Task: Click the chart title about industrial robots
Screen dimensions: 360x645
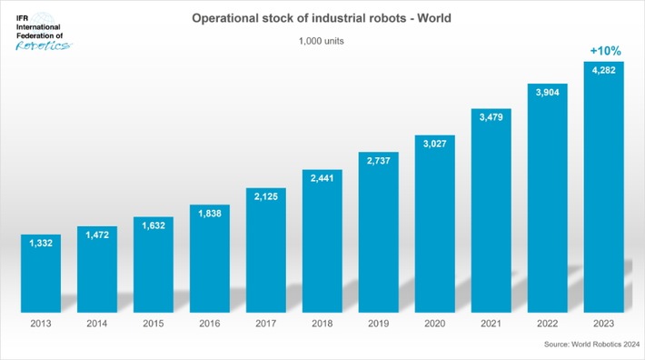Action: click(322, 17)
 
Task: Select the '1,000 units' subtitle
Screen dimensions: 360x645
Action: click(322, 41)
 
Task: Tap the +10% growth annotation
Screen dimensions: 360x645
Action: click(603, 51)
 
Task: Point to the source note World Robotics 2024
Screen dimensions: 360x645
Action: click(591, 345)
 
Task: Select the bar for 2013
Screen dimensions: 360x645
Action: click(41, 273)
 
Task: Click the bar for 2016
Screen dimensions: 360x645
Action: click(210, 259)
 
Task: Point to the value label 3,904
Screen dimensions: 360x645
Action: click(547, 93)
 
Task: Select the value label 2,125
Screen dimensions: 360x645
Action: click(266, 197)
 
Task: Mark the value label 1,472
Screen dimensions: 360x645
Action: click(97, 235)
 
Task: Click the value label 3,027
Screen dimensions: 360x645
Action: click(434, 143)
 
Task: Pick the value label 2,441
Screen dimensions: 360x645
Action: click(322, 177)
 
